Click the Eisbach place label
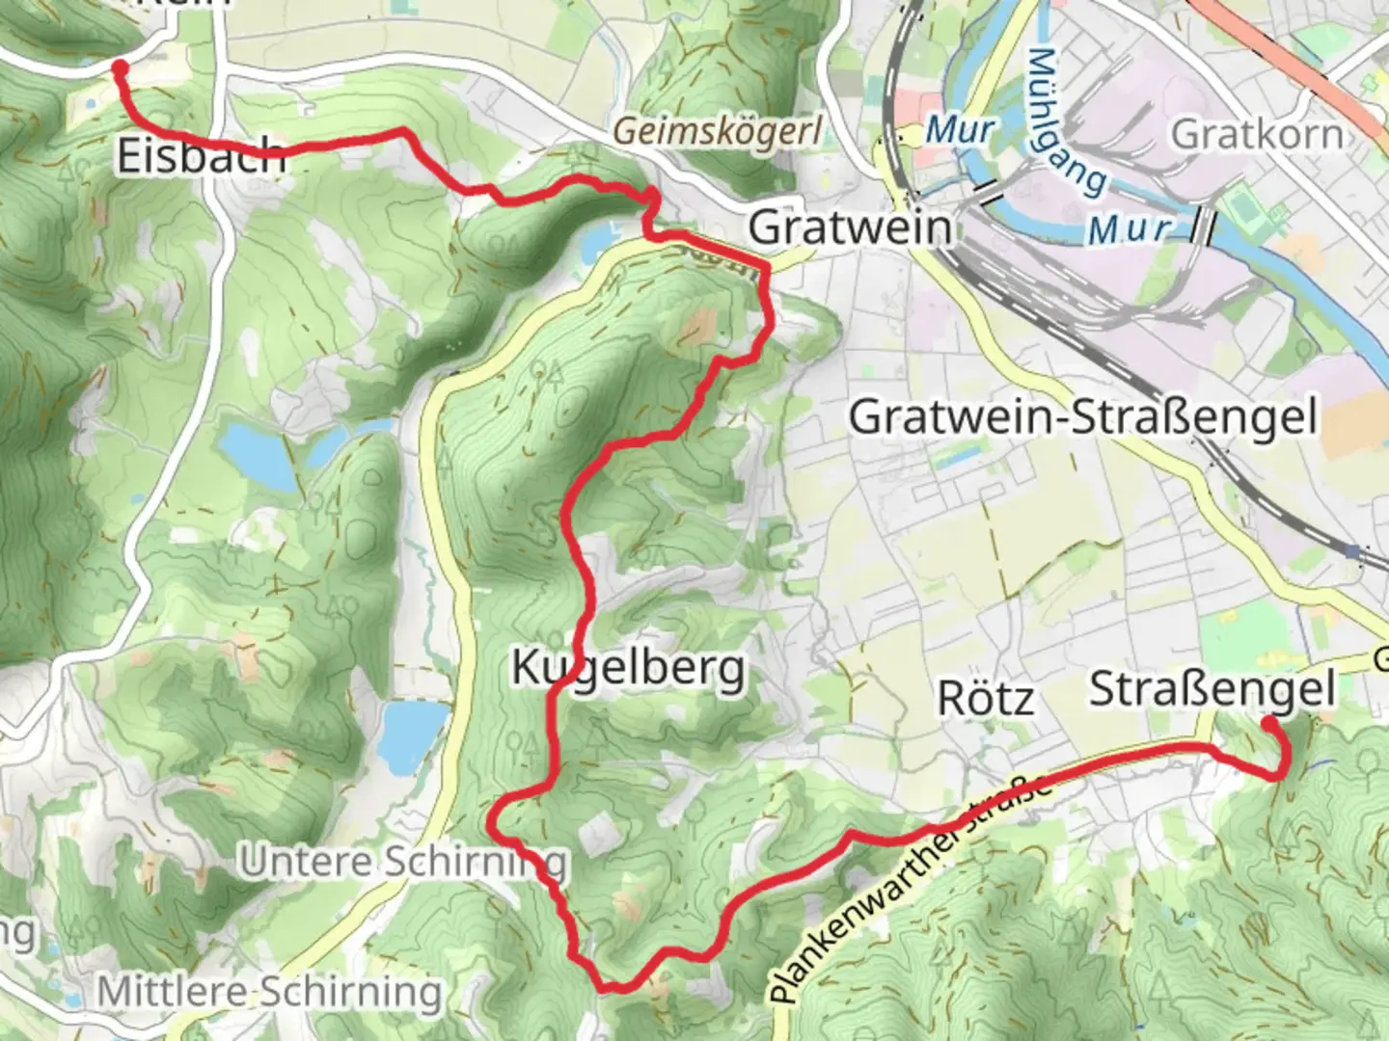tap(201, 155)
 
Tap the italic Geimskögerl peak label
tap(718, 130)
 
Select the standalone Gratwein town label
tap(850, 227)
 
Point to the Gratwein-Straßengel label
tap(1082, 417)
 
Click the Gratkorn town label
tap(1256, 134)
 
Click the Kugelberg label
tap(628, 667)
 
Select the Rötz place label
tap(986, 698)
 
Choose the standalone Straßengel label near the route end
tap(1212, 689)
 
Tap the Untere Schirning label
tap(403, 861)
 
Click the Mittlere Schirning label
tap(270, 991)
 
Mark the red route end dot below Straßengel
tap(1269, 722)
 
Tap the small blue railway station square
tap(1353, 551)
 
